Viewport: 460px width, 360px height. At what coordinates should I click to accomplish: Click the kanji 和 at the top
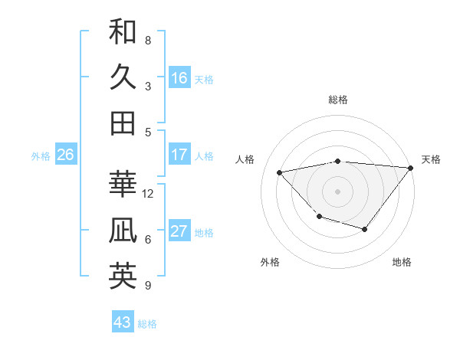click(x=123, y=31)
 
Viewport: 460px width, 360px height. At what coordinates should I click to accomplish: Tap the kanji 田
click(x=123, y=123)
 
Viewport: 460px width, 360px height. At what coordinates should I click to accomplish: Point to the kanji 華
click(x=123, y=183)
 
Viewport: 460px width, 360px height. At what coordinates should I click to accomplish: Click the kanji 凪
click(x=123, y=230)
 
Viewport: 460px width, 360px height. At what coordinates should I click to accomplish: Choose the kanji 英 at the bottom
click(x=123, y=276)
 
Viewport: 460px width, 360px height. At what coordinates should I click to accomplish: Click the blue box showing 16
click(x=179, y=78)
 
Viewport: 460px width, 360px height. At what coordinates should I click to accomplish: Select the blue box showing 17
click(x=179, y=155)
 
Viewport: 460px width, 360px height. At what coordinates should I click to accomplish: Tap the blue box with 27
click(x=179, y=231)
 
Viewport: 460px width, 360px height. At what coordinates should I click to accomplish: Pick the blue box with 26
click(x=65, y=155)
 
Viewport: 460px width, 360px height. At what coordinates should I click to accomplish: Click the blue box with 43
click(x=122, y=322)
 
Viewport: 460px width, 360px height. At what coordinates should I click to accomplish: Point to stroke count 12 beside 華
click(x=148, y=194)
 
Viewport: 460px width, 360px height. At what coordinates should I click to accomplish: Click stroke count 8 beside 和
click(x=148, y=40)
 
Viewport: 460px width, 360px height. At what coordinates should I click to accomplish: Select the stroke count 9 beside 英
click(x=148, y=286)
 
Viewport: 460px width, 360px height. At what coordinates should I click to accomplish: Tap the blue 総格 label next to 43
click(x=147, y=324)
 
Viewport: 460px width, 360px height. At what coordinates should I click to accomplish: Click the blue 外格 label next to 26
click(x=41, y=156)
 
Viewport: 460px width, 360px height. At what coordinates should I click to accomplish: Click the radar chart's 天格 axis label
click(x=431, y=159)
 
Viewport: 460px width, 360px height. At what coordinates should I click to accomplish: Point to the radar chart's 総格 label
click(x=338, y=100)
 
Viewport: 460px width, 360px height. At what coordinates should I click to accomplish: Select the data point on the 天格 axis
click(x=410, y=169)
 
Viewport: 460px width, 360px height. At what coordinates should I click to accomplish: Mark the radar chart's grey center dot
click(x=337, y=191)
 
